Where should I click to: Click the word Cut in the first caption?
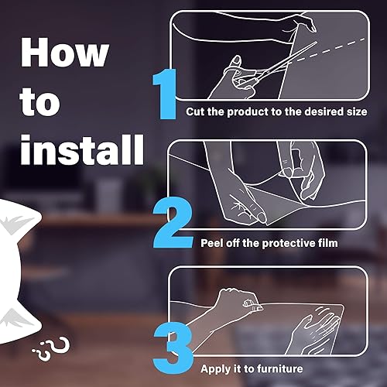[196, 112]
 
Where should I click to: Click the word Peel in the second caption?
[213, 243]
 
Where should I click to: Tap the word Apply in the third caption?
[217, 369]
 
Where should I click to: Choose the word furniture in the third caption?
[276, 369]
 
